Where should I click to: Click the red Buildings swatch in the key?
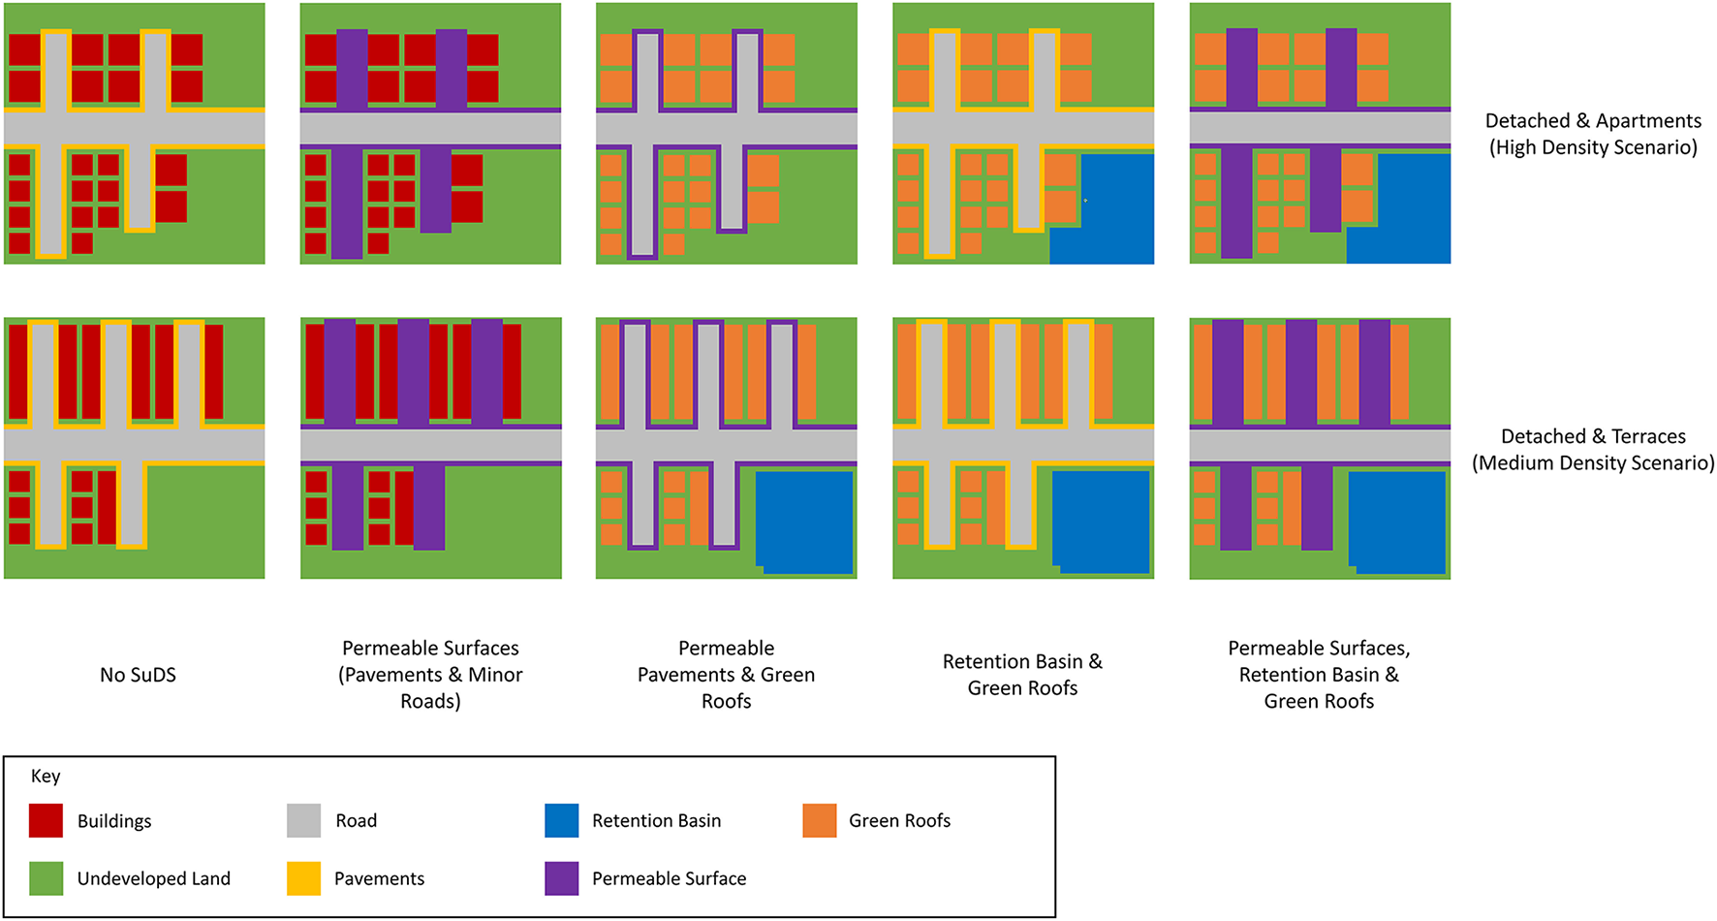46,820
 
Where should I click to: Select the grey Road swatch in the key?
303,820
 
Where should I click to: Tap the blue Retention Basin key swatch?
562,820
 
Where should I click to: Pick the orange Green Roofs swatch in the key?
820,820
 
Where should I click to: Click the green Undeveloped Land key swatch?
46,878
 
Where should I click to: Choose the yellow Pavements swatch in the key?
303,878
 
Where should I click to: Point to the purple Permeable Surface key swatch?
562,878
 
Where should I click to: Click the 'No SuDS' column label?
138,675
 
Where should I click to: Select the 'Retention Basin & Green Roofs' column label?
1022,675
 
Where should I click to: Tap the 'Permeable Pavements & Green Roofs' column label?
726,675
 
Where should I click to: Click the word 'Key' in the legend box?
46,777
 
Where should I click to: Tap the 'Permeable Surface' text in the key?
669,879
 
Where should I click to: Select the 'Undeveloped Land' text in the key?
154,879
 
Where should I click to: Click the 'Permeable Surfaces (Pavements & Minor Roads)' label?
430,675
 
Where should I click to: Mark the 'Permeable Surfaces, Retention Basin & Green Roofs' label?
1319,675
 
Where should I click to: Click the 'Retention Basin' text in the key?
656,821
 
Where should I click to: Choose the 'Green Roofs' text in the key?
899,821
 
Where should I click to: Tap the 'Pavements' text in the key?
379,879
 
